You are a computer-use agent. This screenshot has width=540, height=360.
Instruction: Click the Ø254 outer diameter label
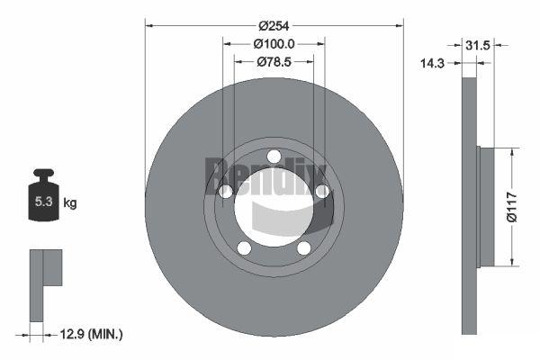(274, 26)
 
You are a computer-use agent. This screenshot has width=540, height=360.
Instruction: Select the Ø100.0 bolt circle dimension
(274, 44)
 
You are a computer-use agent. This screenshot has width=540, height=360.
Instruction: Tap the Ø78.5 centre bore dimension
(274, 62)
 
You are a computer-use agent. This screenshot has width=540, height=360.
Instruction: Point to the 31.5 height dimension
(477, 45)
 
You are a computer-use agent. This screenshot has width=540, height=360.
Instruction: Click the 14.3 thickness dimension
(432, 63)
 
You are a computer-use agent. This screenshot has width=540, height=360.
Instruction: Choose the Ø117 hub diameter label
(512, 207)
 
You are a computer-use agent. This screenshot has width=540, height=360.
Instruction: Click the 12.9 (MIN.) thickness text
(91, 334)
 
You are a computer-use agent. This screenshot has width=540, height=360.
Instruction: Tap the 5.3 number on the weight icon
(44, 202)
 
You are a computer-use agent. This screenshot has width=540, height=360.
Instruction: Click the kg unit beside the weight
(70, 202)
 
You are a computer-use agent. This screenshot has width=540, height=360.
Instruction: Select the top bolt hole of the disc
(274, 157)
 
